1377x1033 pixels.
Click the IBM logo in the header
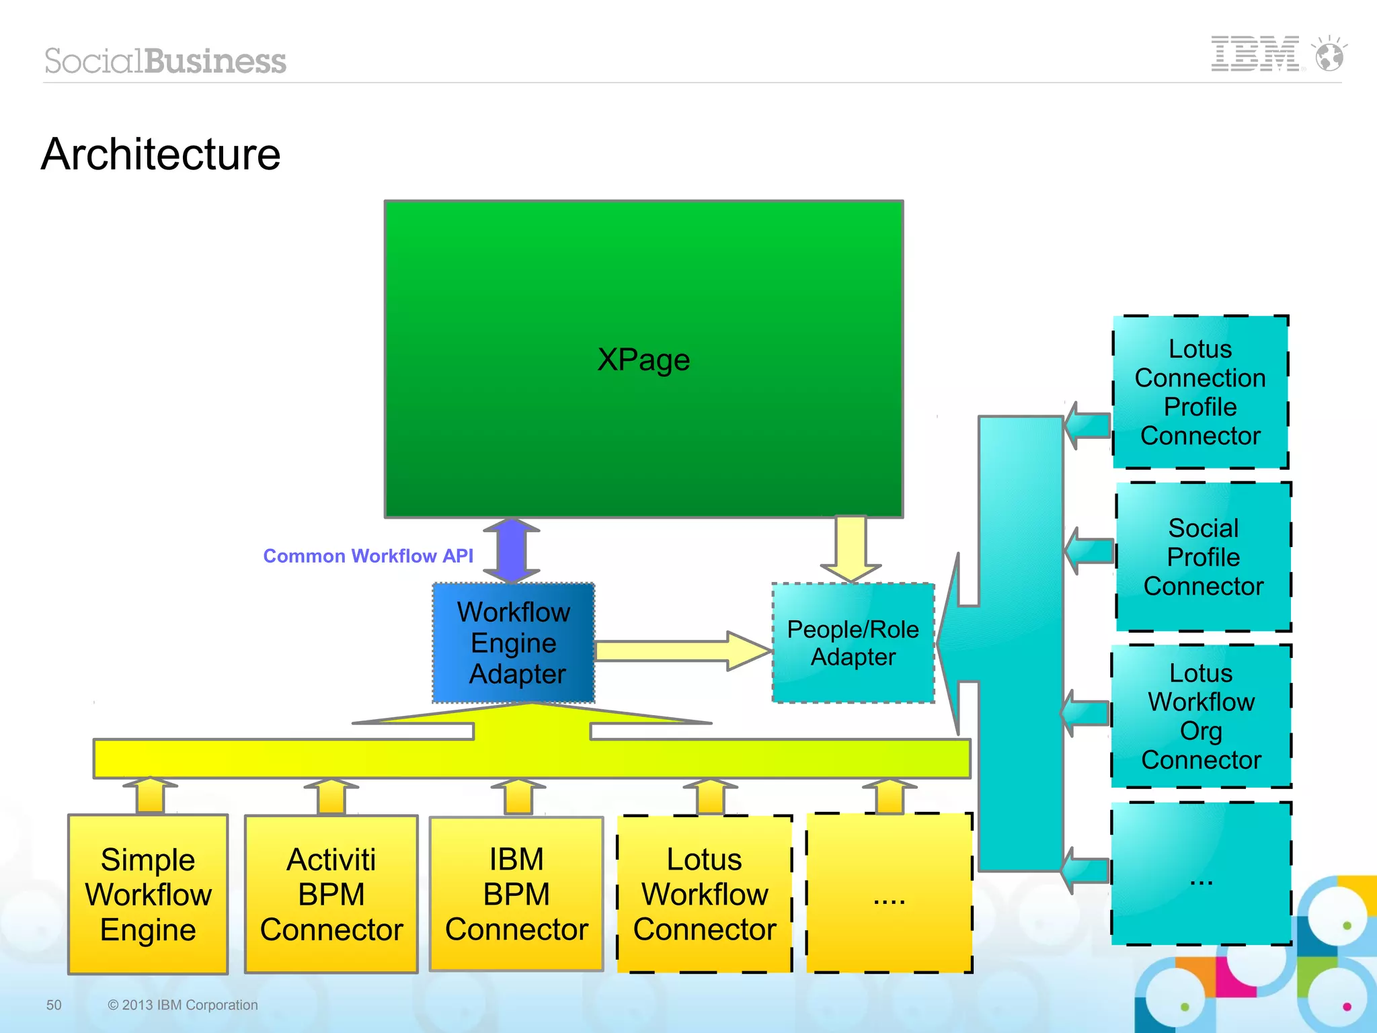pyautogui.click(x=1255, y=54)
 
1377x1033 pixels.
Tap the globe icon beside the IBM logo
pyautogui.click(x=1329, y=55)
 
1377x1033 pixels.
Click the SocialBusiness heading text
pyautogui.click(x=165, y=61)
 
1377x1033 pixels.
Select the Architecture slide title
pyautogui.click(x=161, y=155)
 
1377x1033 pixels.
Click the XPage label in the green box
pyautogui.click(x=643, y=360)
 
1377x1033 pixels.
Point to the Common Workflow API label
pyautogui.click(x=368, y=556)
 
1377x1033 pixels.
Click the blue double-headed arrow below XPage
pyautogui.click(x=511, y=550)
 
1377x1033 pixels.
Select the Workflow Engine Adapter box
pyautogui.click(x=514, y=643)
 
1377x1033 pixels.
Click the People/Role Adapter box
pyautogui.click(x=853, y=643)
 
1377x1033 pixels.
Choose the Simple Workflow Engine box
pyautogui.click(x=148, y=894)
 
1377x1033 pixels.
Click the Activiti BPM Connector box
pyautogui.click(x=331, y=894)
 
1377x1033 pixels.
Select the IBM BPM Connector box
pyautogui.click(x=516, y=894)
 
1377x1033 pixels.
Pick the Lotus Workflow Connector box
pyautogui.click(x=704, y=894)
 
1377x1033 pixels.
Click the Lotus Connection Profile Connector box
pyautogui.click(x=1200, y=392)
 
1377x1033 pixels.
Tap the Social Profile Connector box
pyautogui.click(x=1203, y=557)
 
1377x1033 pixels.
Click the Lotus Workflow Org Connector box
pyautogui.click(x=1201, y=716)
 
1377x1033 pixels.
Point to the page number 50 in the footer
pyautogui.click(x=54, y=1005)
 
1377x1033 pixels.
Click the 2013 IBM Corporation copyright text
pyautogui.click(x=183, y=1005)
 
